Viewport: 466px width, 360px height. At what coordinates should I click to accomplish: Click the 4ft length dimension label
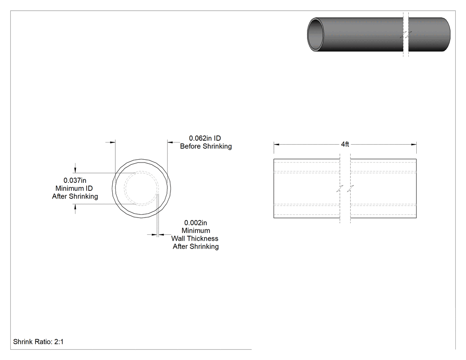pyautogui.click(x=345, y=144)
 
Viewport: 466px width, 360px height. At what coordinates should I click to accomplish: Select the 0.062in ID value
pyautogui.click(x=205, y=138)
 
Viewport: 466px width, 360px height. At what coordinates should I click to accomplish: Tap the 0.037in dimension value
pyautogui.click(x=75, y=181)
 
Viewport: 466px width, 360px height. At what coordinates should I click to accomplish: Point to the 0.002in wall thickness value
pyautogui.click(x=196, y=223)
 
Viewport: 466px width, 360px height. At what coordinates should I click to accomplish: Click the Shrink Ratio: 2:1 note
pyautogui.click(x=38, y=341)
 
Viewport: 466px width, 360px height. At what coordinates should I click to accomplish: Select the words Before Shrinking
pyautogui.click(x=206, y=146)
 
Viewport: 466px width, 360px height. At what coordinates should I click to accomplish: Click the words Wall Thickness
pyautogui.click(x=195, y=238)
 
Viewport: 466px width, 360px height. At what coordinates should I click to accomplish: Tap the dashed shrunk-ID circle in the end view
pyautogui.click(x=142, y=171)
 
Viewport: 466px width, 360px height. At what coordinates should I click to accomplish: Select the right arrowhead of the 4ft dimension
pyautogui.click(x=414, y=144)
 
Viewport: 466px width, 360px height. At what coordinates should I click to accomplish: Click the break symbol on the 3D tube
pyautogui.click(x=406, y=35)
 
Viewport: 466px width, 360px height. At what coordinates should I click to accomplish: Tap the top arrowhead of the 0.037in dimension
pyautogui.click(x=75, y=170)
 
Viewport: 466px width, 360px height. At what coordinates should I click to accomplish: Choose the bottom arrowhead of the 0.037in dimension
pyautogui.click(x=75, y=207)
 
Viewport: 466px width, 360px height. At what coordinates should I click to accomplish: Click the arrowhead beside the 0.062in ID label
pyautogui.click(x=170, y=142)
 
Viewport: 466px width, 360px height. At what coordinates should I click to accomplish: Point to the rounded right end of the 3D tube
pyautogui.click(x=446, y=35)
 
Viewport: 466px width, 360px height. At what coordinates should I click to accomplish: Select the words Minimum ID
pyautogui.click(x=74, y=189)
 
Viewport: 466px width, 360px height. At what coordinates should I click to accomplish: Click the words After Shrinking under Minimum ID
pyautogui.click(x=75, y=197)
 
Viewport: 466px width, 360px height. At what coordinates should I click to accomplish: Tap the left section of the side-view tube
pyautogui.click(x=307, y=189)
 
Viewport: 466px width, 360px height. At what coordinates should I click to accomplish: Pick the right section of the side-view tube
pyautogui.click(x=383, y=189)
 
